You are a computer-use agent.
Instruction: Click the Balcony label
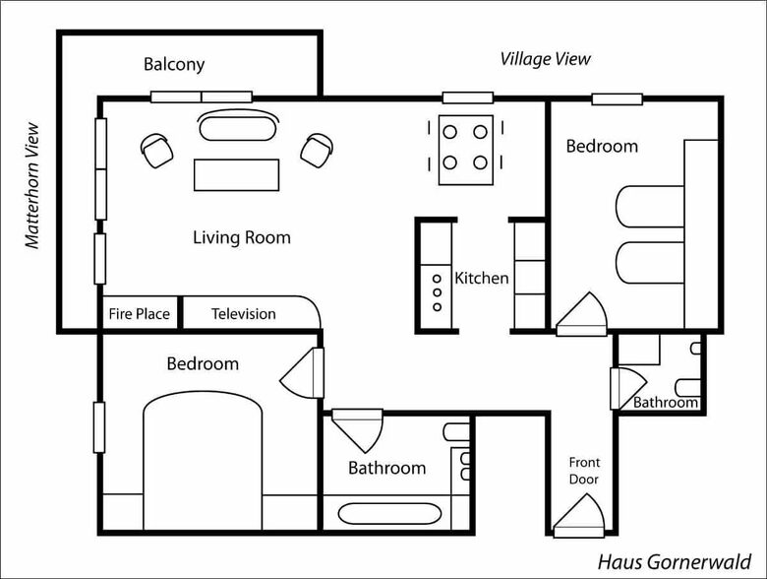tap(174, 65)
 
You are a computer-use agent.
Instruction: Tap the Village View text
tap(545, 59)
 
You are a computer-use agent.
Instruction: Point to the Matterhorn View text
tap(31, 186)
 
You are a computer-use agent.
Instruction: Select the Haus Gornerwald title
tap(675, 562)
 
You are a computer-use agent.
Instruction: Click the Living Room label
tap(242, 237)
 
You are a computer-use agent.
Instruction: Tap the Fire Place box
tap(140, 313)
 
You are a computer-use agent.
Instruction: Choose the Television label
tap(244, 313)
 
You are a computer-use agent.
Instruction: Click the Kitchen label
tap(482, 279)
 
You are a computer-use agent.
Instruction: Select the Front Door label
tap(584, 471)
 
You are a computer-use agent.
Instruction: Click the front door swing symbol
tap(579, 516)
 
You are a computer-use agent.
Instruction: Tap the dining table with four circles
tap(466, 150)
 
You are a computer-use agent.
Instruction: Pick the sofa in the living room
tap(238, 126)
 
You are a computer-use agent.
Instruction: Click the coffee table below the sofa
tap(237, 175)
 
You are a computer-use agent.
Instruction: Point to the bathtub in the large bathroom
tap(389, 514)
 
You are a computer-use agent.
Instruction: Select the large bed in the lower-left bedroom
tap(203, 461)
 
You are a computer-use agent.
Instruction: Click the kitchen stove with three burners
tap(437, 293)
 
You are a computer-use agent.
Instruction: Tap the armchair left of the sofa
tap(157, 151)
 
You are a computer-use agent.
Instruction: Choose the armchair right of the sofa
tap(317, 150)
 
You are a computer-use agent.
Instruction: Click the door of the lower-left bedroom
tap(302, 373)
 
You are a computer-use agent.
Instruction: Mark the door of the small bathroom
tap(628, 388)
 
